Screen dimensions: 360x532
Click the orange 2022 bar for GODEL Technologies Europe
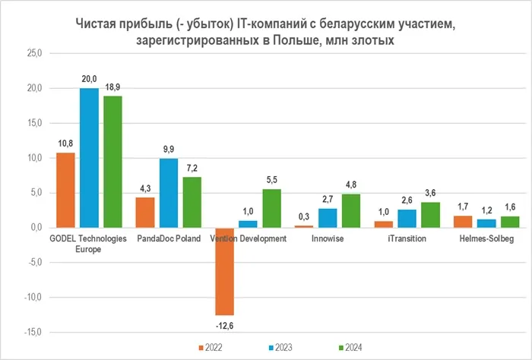click(x=67, y=190)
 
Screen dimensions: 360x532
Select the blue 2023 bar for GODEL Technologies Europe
click(x=90, y=158)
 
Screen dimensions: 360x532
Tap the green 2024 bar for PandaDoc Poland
click(x=192, y=202)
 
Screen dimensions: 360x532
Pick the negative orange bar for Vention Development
click(x=225, y=271)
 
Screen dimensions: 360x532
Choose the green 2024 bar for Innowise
click(x=351, y=210)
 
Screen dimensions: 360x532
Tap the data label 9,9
click(x=168, y=150)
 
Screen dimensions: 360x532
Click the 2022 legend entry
click(x=217, y=347)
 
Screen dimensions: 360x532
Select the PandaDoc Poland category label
click(x=169, y=238)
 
